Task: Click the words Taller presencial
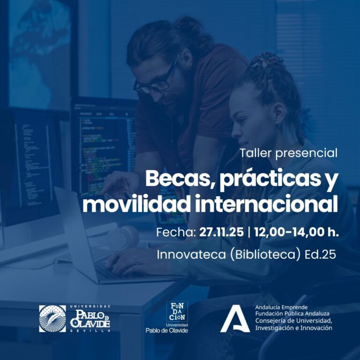point(288,153)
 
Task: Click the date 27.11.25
point(218,232)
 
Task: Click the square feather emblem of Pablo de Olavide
point(52,318)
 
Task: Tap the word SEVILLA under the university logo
point(90,330)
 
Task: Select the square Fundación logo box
point(177,311)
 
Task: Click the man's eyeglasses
point(157,81)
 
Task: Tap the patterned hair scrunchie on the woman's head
point(265,60)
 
